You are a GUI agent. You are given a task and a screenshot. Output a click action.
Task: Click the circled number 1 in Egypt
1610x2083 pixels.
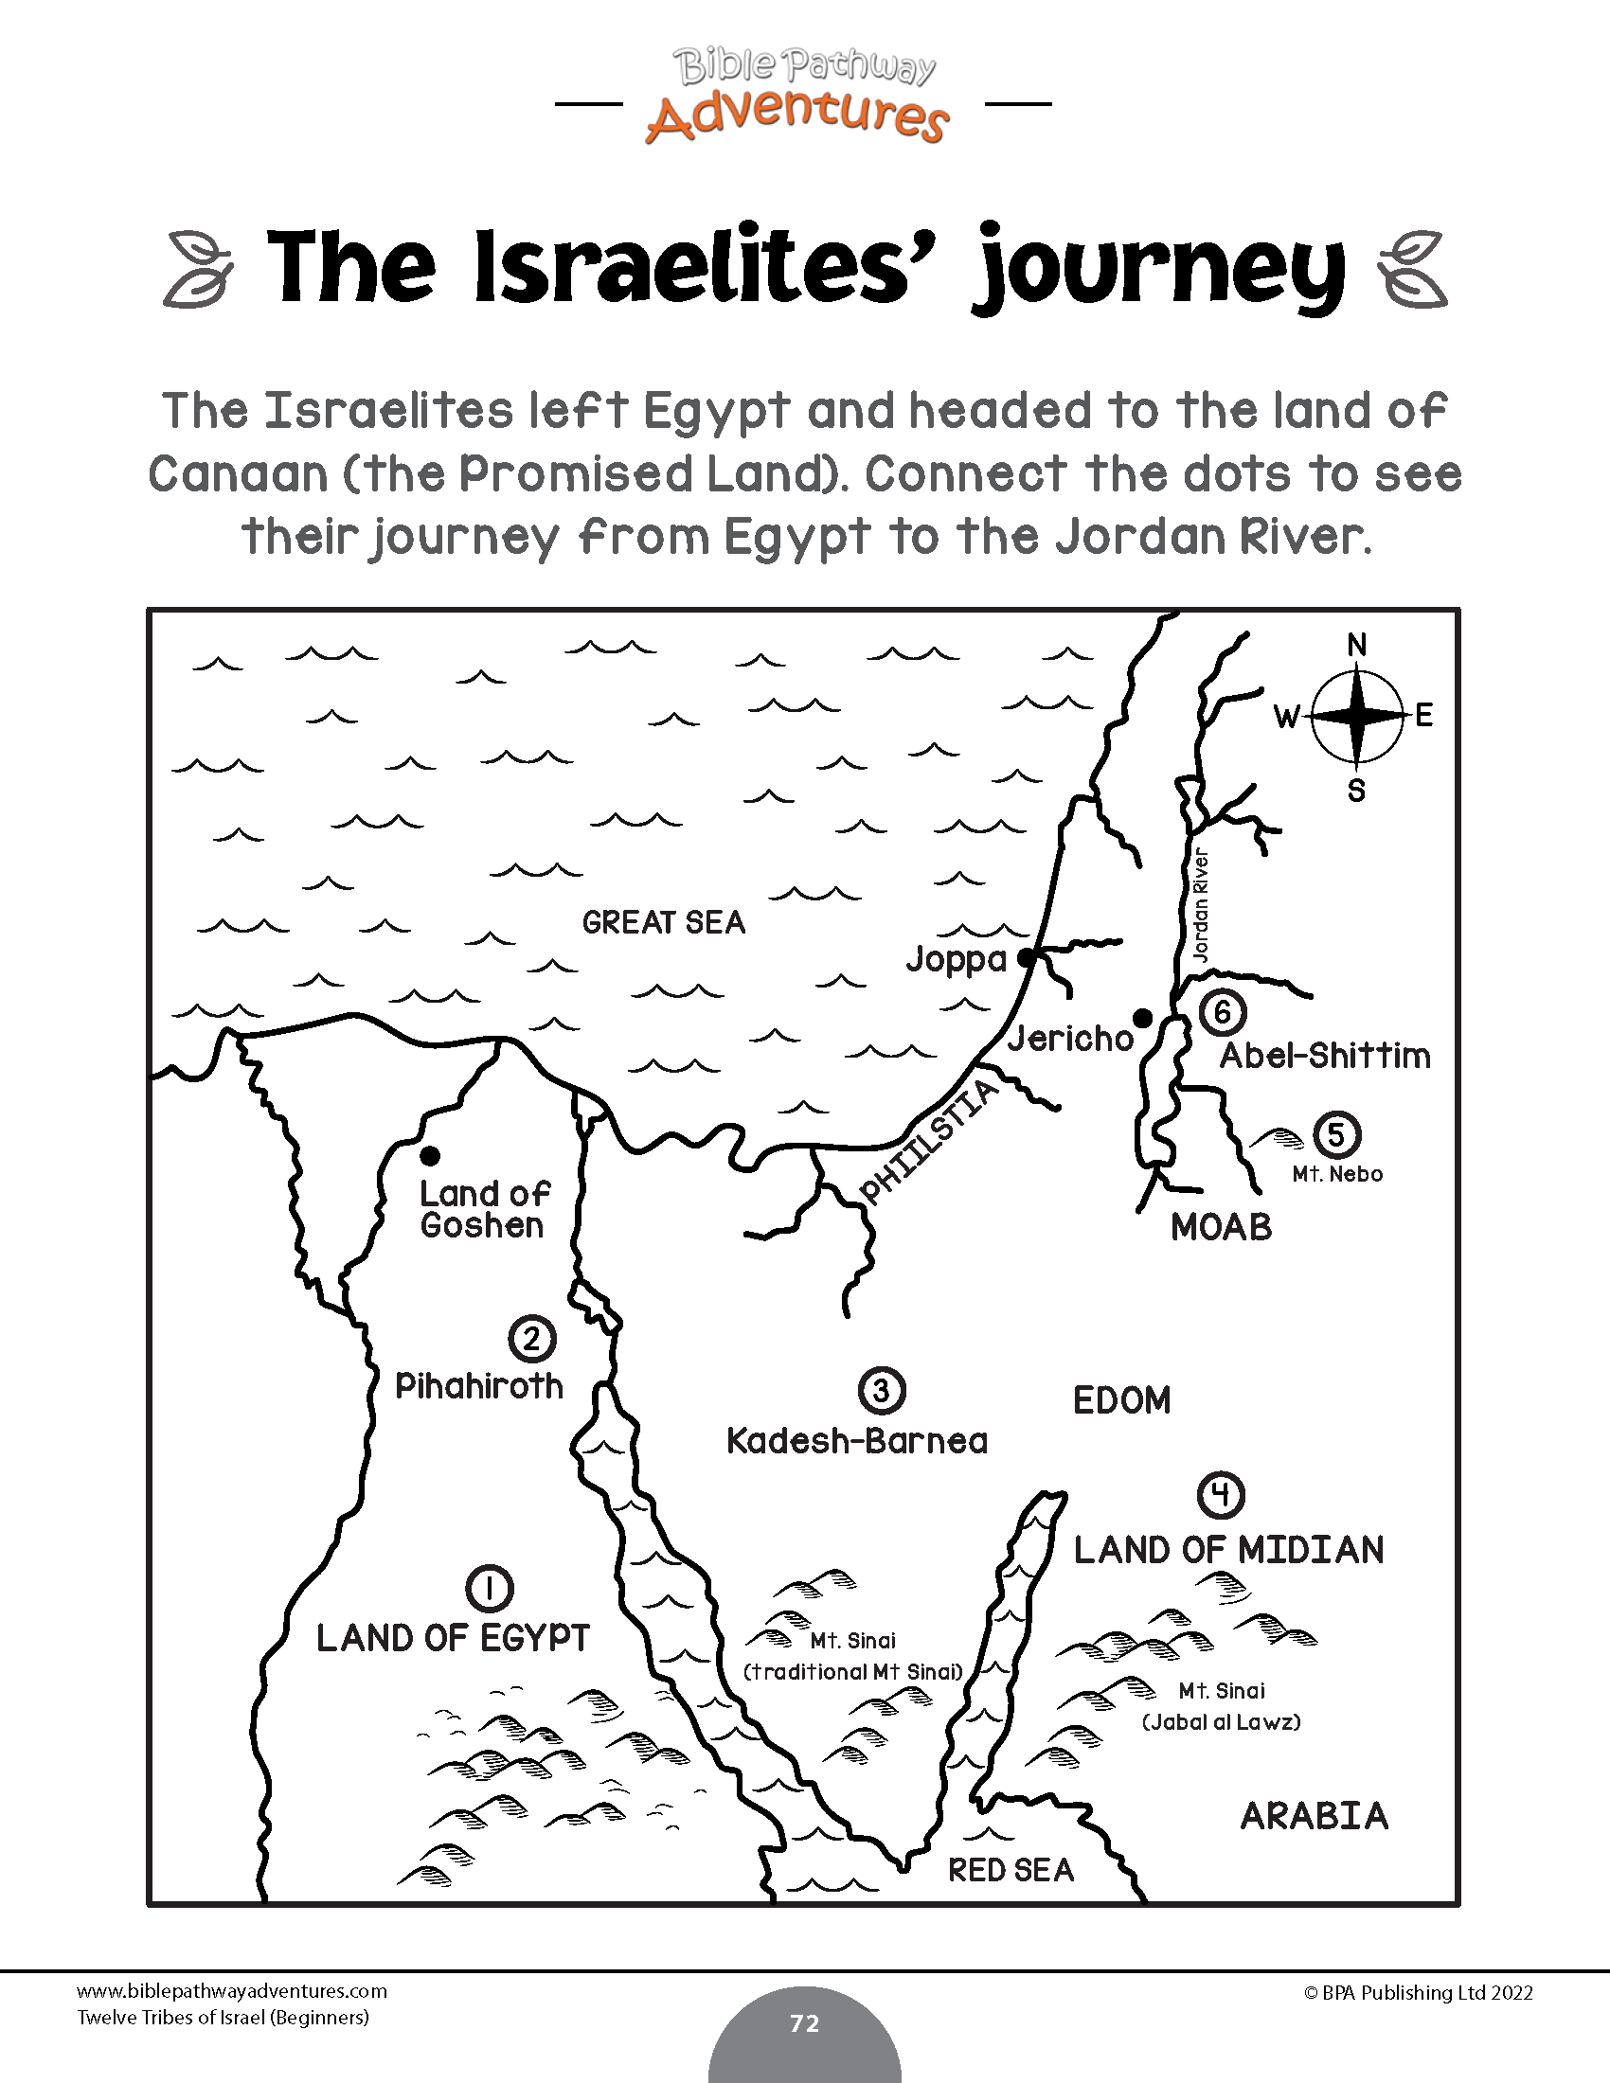490,1588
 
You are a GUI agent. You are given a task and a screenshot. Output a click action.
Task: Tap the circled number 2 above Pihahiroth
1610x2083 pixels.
531,1339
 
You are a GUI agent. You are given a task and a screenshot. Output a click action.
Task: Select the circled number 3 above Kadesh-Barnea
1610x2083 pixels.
881,1391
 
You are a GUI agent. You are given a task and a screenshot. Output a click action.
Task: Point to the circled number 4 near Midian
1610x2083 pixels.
1221,1495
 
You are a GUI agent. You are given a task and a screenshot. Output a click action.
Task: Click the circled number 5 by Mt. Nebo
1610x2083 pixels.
1336,1135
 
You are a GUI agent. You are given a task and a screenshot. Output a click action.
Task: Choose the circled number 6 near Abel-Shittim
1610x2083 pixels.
1222,1012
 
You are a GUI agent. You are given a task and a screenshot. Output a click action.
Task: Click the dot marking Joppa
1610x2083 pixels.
1026,957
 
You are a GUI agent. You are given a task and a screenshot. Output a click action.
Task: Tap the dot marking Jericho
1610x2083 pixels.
1142,1020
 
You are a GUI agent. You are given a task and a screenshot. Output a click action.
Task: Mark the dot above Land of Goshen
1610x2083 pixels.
430,1156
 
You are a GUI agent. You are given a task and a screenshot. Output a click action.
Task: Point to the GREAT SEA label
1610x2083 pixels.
664,922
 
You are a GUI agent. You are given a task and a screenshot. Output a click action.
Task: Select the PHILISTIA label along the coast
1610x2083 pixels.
927,1143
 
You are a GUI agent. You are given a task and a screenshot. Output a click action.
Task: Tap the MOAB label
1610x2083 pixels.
1221,1227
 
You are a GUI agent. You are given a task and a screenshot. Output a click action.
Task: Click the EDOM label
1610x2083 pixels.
1121,1400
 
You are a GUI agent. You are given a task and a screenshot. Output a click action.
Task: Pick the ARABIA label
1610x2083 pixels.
1315,1816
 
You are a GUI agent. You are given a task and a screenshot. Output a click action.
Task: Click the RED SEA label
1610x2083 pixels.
1011,1870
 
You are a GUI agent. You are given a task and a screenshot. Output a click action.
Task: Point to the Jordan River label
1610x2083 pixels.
1201,905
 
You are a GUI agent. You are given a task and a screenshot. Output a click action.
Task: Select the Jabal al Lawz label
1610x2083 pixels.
1221,1721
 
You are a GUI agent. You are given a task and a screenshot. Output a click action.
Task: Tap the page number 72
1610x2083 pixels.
804,2023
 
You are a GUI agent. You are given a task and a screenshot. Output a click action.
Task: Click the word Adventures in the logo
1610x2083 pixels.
797,119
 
